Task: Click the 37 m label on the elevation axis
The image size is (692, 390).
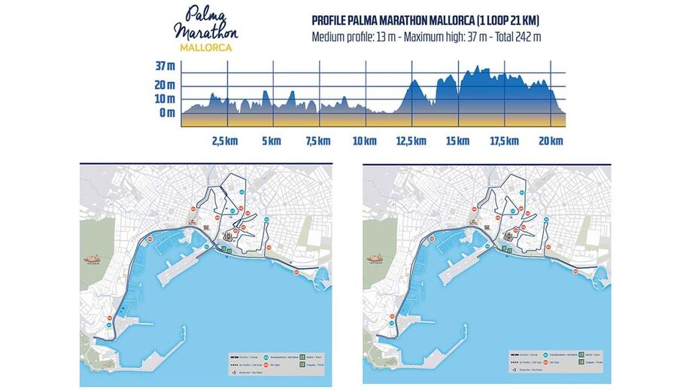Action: point(165,66)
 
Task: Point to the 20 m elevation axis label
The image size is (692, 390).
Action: point(165,84)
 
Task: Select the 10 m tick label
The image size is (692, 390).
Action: point(165,99)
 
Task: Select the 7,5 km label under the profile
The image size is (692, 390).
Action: point(317,141)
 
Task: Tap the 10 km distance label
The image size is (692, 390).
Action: point(364,141)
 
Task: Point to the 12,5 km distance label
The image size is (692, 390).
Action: point(411,141)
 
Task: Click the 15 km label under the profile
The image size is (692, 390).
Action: point(457,141)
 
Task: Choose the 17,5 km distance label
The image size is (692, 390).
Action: point(504,141)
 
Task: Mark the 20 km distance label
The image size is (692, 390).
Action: point(551,141)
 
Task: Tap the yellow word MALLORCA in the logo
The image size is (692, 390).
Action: point(205,47)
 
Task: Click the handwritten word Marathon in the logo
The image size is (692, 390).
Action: point(205,32)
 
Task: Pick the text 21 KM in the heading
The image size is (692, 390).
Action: point(523,21)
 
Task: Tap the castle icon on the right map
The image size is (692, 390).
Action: point(378,258)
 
